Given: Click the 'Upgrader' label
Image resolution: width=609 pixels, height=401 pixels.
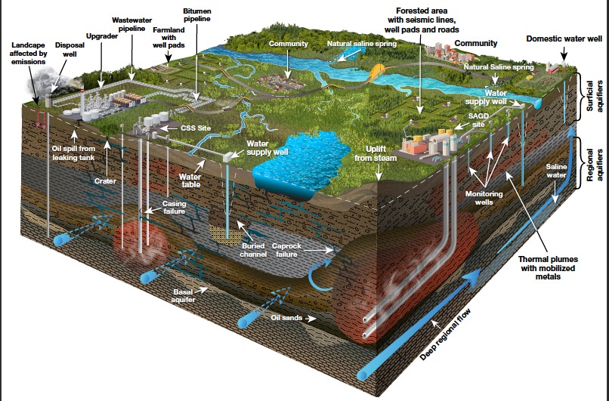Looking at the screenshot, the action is coord(102,36).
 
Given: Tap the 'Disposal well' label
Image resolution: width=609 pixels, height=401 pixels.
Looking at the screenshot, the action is coord(70,49).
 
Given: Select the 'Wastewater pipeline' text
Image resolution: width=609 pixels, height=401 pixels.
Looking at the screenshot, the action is coord(131,24).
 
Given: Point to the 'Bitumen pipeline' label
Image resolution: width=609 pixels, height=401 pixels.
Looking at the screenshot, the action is coord(197,15).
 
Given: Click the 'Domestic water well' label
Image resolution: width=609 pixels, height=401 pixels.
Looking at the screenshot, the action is coord(564,39).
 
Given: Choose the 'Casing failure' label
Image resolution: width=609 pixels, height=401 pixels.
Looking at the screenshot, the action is coord(174,207).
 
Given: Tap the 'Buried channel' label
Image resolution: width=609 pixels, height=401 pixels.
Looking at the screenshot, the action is coord(253,250).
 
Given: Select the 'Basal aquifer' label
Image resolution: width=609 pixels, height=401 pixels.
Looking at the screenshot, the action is coord(184,295).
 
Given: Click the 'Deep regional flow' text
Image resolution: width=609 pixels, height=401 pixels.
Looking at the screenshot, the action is coord(445,335).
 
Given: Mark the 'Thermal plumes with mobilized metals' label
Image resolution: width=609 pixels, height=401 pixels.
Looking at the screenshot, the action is coord(548,267).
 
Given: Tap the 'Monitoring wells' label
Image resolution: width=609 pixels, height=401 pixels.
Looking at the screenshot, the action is coord(484,198).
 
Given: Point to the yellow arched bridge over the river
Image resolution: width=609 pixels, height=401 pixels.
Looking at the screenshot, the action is coord(377,72).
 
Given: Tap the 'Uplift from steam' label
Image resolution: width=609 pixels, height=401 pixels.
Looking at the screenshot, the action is coord(376,153).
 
